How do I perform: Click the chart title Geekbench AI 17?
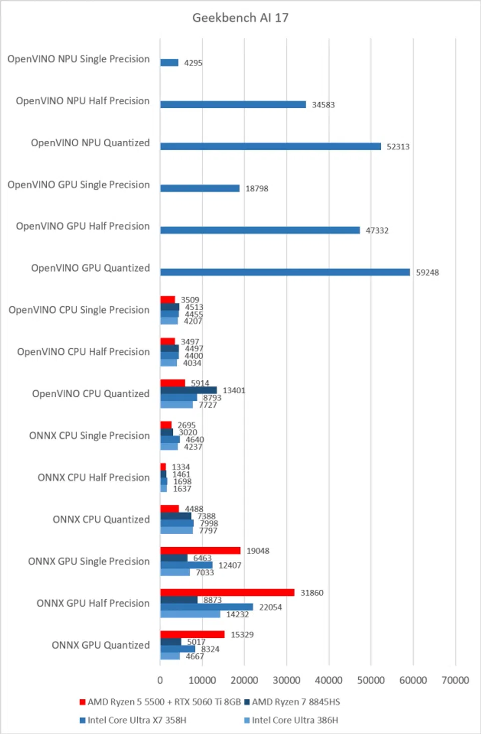(240, 18)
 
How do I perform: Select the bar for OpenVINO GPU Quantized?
(285, 272)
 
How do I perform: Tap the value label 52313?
(398, 146)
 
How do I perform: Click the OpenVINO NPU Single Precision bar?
(169, 63)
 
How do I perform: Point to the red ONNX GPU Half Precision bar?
(227, 592)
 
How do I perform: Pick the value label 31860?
(312, 593)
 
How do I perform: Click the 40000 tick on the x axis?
(329, 680)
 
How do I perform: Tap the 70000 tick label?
(455, 680)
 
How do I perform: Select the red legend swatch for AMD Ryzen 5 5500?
(83, 702)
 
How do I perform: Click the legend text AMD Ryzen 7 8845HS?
(296, 702)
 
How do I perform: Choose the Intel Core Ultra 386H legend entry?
(295, 720)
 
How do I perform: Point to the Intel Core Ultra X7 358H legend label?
(137, 720)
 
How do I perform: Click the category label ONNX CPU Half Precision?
(94, 477)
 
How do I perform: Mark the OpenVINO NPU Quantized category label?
(90, 143)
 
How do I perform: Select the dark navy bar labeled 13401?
(188, 390)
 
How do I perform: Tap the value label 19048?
(258, 551)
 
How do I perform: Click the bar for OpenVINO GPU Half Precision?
(260, 230)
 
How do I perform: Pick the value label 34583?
(323, 105)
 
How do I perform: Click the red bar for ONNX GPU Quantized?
(192, 634)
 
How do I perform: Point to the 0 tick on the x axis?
(160, 680)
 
